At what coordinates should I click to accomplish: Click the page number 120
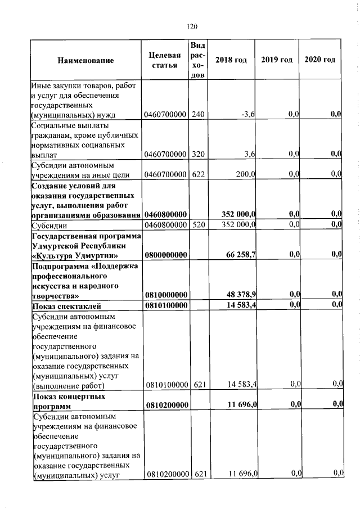(192, 26)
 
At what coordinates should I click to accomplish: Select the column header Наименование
(85, 60)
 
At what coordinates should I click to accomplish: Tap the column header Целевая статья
(165, 60)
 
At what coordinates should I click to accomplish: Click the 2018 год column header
(231, 60)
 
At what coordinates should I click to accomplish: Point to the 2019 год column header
(277, 60)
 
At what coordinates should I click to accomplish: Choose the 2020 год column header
(319, 60)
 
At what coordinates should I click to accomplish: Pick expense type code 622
(197, 174)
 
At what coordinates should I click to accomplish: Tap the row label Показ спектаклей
(66, 306)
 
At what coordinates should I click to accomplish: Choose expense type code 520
(197, 225)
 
